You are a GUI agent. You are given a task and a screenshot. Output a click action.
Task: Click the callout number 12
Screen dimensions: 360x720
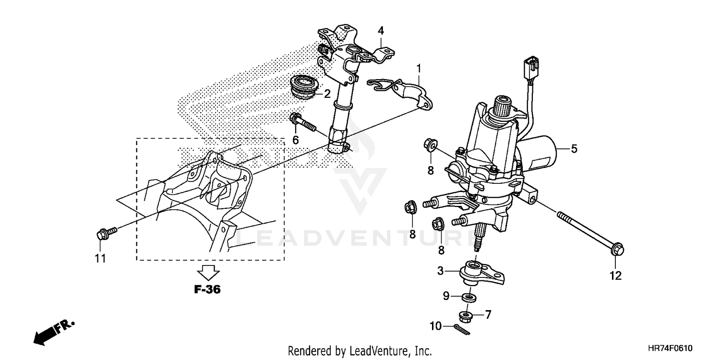tap(615, 276)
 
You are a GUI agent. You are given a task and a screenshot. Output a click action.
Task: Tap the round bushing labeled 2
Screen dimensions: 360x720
tap(305, 87)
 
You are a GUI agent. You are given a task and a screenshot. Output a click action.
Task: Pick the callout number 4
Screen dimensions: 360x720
tap(381, 31)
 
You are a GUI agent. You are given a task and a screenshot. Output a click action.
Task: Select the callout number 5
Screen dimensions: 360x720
tap(574, 149)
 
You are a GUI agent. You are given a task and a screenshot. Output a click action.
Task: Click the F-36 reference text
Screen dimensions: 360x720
tap(208, 289)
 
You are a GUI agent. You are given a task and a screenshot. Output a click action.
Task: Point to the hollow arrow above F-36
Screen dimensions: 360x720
tap(208, 273)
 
